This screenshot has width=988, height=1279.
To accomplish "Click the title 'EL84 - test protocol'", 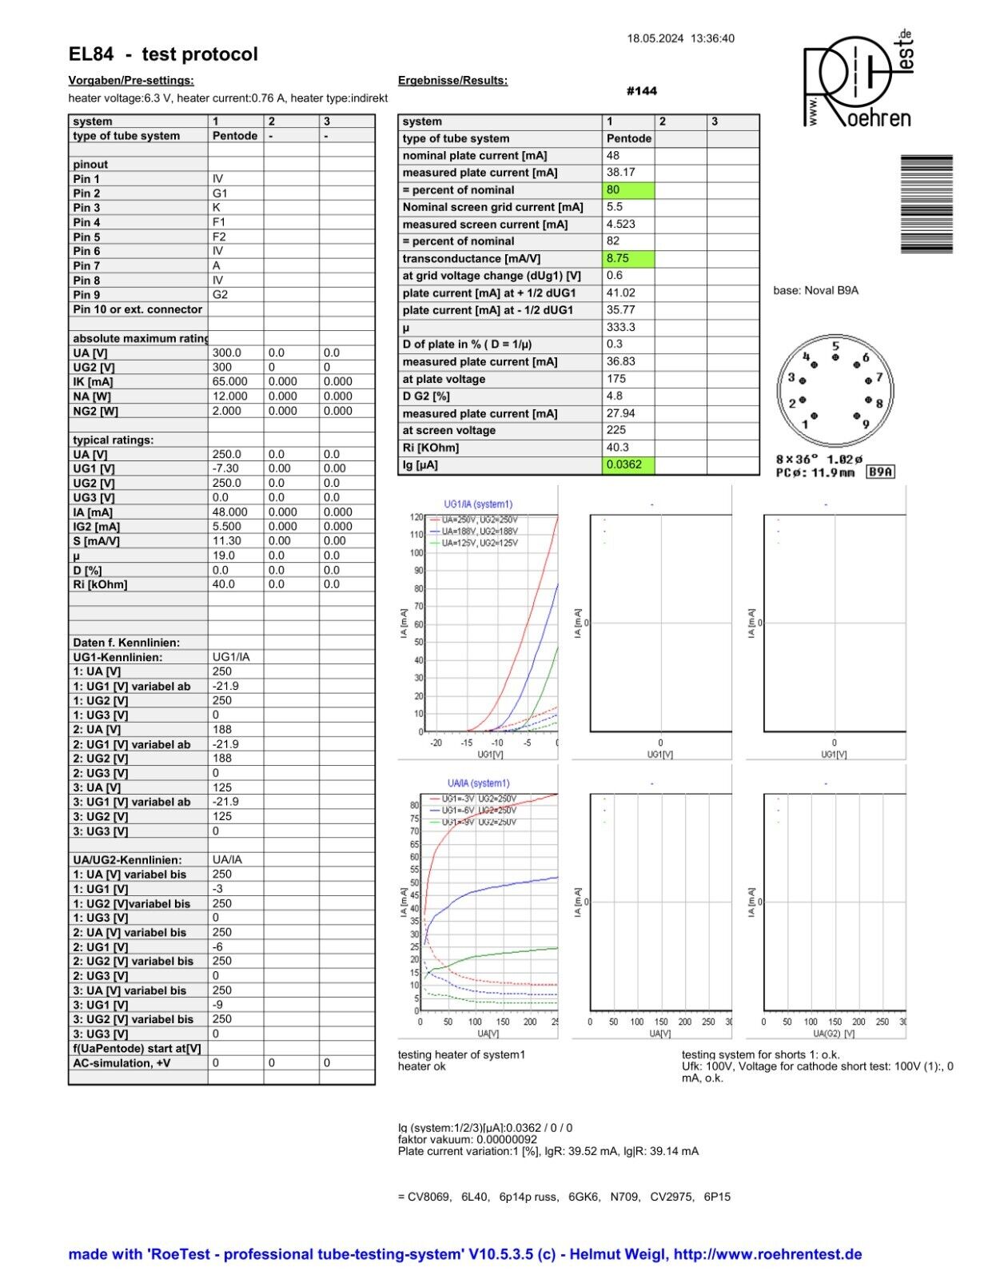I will (x=163, y=54).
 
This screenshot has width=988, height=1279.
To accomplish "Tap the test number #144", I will (x=642, y=91).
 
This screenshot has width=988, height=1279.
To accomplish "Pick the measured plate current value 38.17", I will (x=621, y=173).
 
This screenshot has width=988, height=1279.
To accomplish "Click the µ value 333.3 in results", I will (x=621, y=327).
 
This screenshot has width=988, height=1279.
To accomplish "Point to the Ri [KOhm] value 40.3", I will (x=618, y=448).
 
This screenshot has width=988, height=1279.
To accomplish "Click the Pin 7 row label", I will (x=86, y=265).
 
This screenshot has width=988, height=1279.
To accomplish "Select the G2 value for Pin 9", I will (x=220, y=294).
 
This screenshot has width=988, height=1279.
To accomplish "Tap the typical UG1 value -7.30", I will (x=225, y=468).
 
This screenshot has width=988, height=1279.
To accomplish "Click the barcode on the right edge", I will (x=926, y=204).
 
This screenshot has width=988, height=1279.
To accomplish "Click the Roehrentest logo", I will (x=857, y=80).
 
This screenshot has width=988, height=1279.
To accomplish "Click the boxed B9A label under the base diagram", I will (x=881, y=472).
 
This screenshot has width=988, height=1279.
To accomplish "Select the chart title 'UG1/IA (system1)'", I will (x=478, y=504).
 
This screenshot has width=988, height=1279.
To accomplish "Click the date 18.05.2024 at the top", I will (x=655, y=38).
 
